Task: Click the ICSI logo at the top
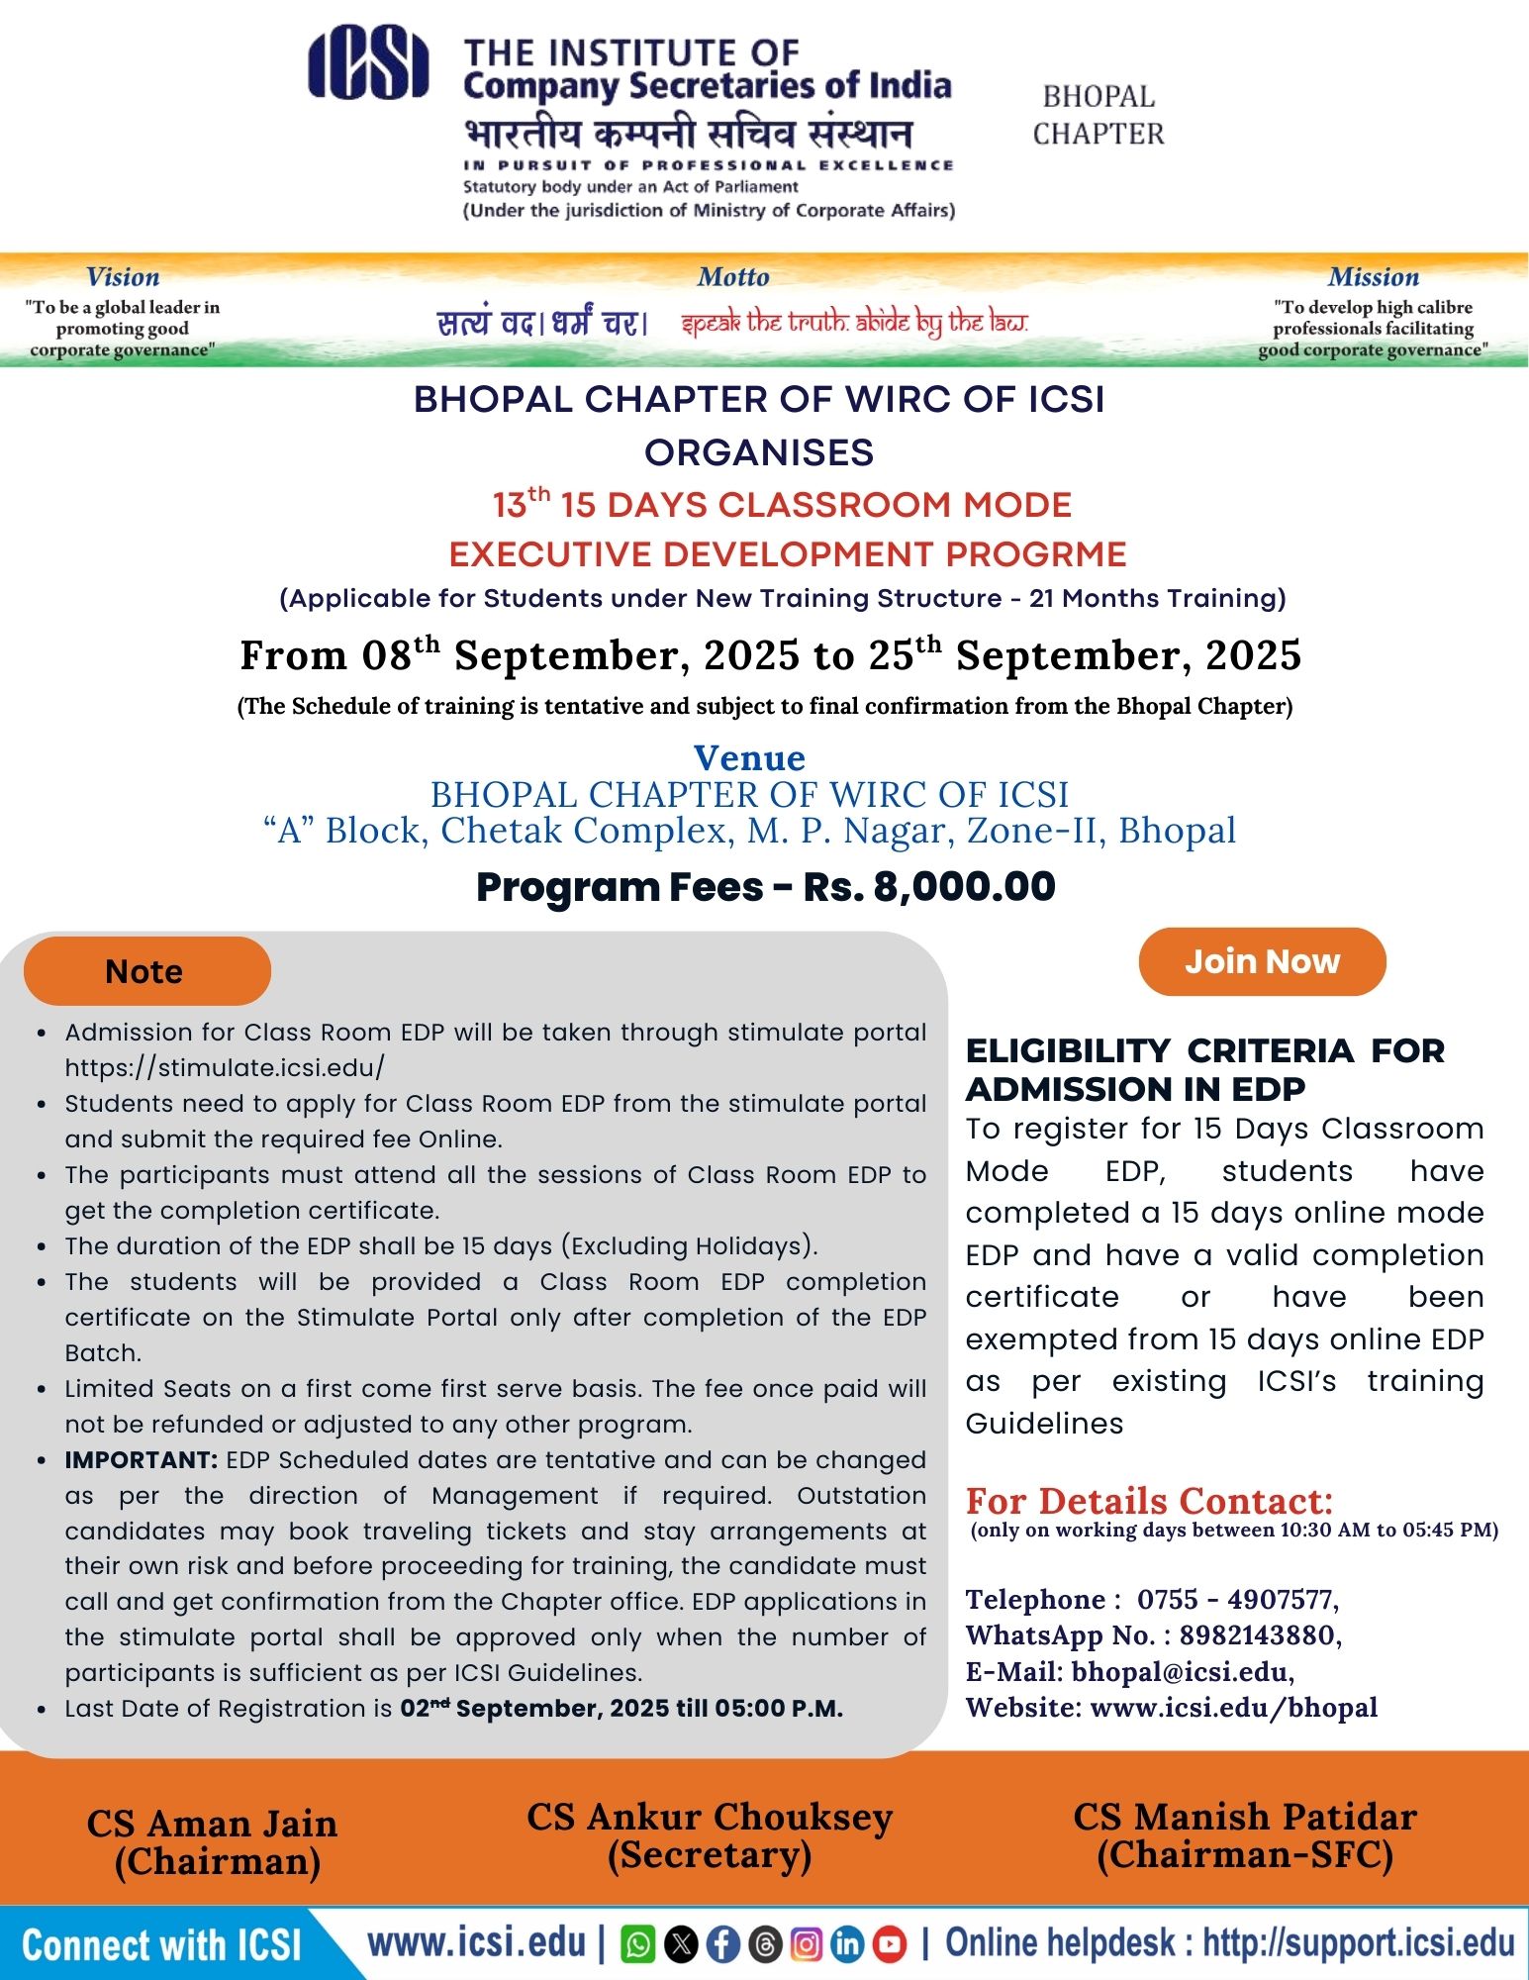coord(368,65)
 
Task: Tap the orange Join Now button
coord(1262,961)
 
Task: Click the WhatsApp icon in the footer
coord(638,1944)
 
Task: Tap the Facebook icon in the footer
coord(723,1944)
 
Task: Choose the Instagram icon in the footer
coord(807,1944)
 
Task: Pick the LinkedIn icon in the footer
coord(848,1944)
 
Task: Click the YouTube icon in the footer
coord(890,1944)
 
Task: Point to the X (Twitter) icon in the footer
coord(681,1944)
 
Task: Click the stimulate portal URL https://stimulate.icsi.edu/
coord(225,1067)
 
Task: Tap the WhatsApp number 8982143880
coord(1256,1634)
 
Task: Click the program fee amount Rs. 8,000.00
coord(929,887)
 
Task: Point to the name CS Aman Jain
coord(213,1824)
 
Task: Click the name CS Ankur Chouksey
coord(710,1817)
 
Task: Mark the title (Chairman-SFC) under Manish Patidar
coord(1245,1854)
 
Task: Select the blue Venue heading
coord(749,757)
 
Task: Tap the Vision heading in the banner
coord(123,277)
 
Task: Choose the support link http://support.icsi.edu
coord(1358,1942)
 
